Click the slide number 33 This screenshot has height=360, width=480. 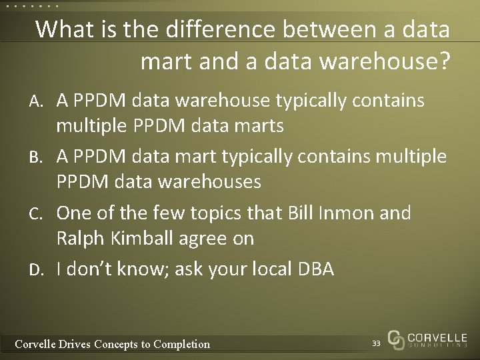(376, 343)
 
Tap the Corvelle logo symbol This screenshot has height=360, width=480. (396, 339)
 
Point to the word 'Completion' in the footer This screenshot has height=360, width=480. (181, 344)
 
